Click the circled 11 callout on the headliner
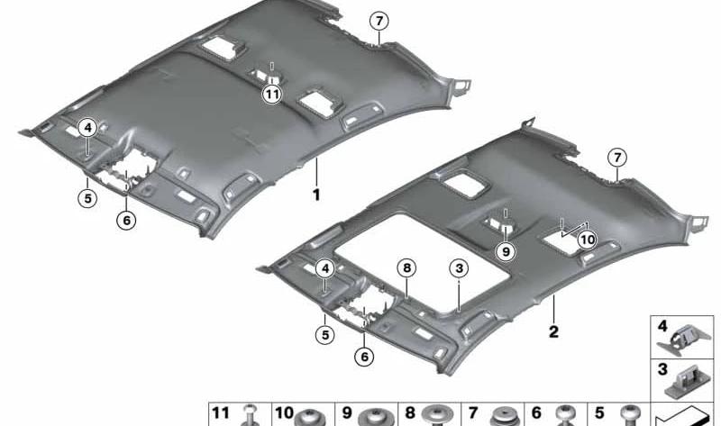[272, 95]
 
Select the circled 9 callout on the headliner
[506, 251]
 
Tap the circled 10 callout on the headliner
[588, 240]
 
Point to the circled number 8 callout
[407, 268]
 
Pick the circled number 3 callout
[459, 268]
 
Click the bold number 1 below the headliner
[316, 195]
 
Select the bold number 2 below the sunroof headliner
[553, 331]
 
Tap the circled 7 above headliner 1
[379, 21]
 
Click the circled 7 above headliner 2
[617, 158]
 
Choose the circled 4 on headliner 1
[87, 127]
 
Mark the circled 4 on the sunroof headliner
[325, 268]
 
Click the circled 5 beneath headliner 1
[87, 198]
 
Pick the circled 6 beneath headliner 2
[364, 357]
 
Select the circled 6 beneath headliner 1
[126, 221]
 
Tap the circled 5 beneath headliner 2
[325, 334]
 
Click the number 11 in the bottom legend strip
[220, 413]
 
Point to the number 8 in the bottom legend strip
[409, 413]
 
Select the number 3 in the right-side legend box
[662, 369]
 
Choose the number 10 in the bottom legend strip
[284, 413]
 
